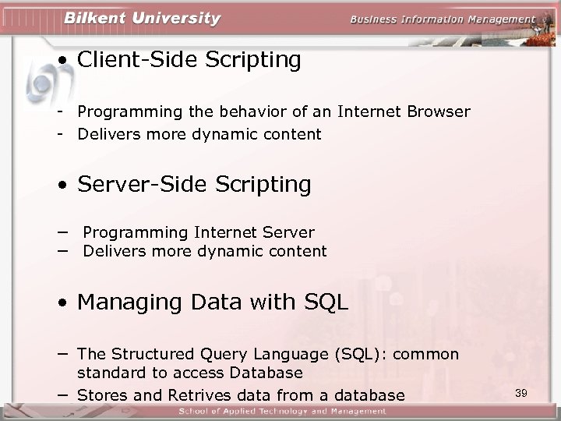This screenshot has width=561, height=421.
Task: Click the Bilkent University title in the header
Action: pyautogui.click(x=143, y=19)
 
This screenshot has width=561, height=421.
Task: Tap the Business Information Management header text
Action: pyautogui.click(x=443, y=19)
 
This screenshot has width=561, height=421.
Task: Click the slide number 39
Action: pyautogui.click(x=521, y=393)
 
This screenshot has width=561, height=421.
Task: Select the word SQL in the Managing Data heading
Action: pyautogui.click(x=326, y=302)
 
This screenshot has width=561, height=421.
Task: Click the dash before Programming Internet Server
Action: pyautogui.click(x=60, y=232)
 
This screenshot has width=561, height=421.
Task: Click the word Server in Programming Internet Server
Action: pyautogui.click(x=286, y=232)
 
